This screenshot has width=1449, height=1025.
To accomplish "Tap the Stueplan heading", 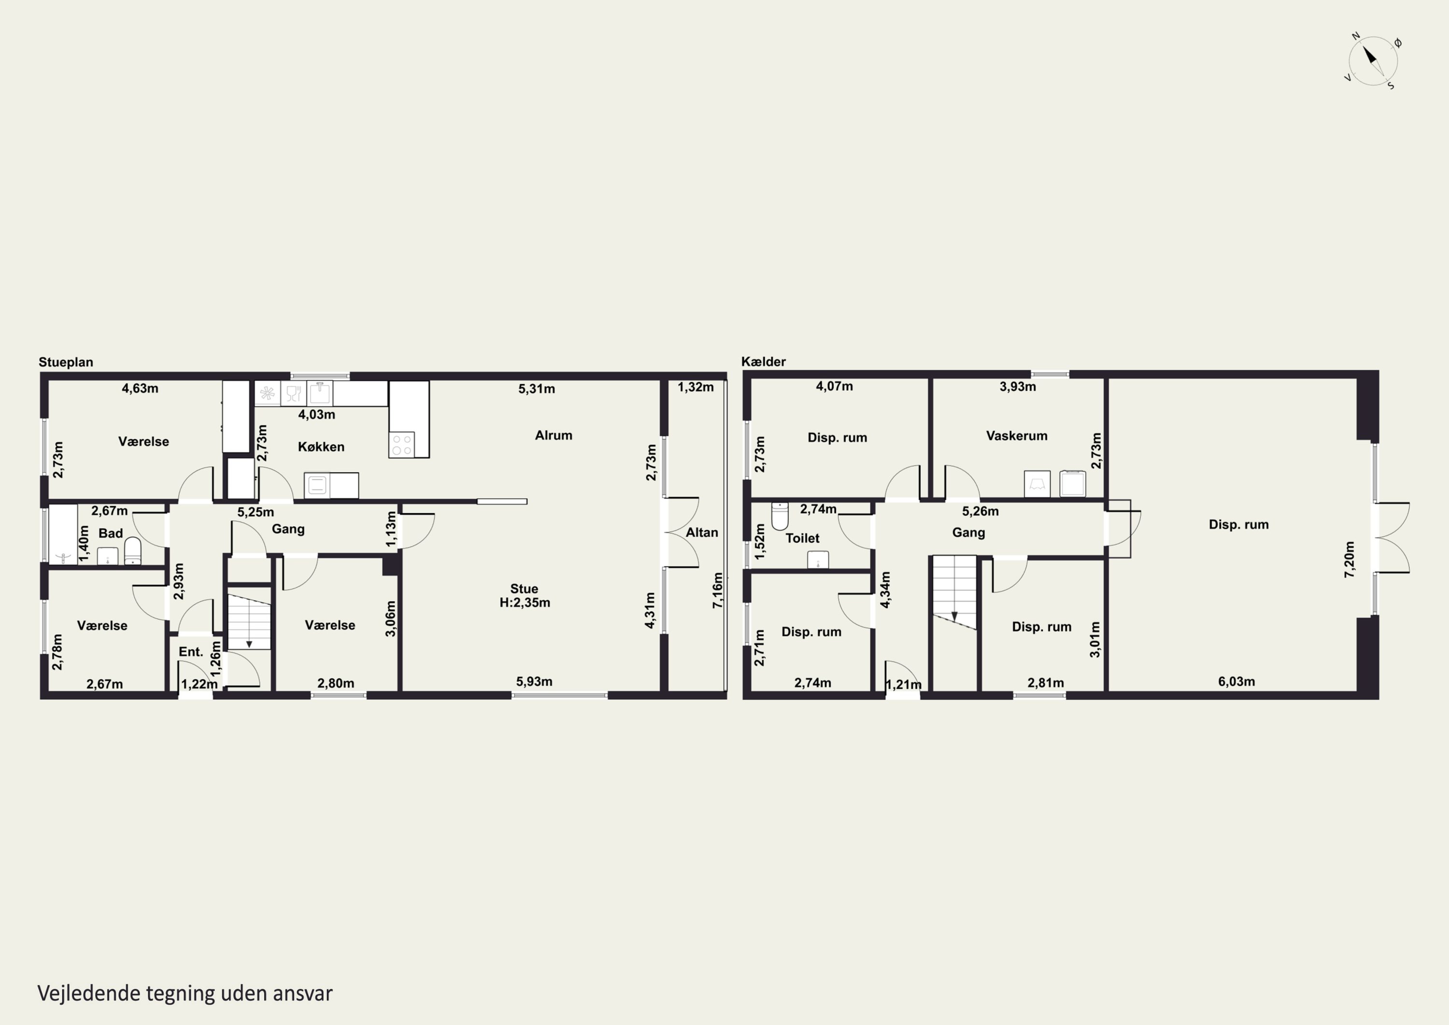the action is (66, 362).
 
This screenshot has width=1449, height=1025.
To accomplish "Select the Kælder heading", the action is (764, 361).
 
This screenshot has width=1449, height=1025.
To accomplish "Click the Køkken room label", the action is (321, 447).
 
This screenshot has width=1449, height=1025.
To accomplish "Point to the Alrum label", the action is (554, 435).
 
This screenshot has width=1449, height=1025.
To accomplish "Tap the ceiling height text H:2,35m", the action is (525, 603).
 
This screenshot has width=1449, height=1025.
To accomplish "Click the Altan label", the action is (702, 533).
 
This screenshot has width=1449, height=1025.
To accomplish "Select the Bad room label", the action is (111, 533).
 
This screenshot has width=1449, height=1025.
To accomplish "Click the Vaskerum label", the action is (1017, 436).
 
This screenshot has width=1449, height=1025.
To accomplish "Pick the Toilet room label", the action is (802, 538).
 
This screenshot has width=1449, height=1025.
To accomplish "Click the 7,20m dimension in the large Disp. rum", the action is (1350, 559).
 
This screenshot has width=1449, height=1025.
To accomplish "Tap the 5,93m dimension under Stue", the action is (534, 681).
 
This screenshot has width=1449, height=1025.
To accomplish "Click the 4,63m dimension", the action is (140, 389).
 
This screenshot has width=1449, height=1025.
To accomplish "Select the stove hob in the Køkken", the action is (402, 445).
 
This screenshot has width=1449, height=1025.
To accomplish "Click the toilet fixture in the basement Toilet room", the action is (780, 516).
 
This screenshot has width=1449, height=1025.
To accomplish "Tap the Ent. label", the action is (191, 652).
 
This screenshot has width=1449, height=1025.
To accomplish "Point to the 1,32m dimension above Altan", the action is (696, 387).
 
